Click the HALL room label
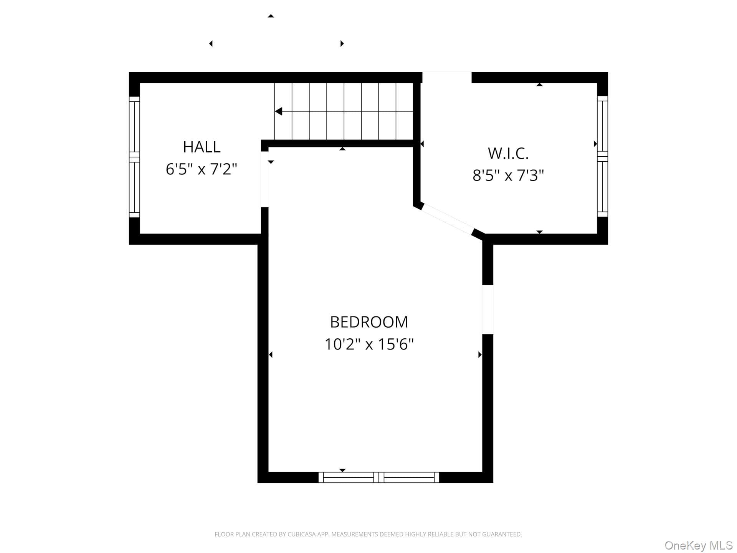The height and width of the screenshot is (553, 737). [x=202, y=147]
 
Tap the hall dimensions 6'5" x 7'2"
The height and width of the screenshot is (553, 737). [x=202, y=169]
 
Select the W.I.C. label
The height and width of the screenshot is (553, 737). [x=508, y=154]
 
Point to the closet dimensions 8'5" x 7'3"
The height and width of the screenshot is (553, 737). [x=508, y=176]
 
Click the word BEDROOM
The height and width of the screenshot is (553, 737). [x=369, y=322]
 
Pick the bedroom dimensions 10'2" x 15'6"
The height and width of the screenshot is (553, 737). [x=369, y=344]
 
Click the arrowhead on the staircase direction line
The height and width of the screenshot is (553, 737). [x=279, y=111]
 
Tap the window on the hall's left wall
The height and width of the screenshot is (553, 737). [x=134, y=157]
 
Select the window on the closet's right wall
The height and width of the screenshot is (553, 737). [x=602, y=156]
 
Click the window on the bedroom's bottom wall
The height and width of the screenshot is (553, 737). [x=379, y=477]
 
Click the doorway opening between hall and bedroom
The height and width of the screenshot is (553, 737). [x=264, y=179]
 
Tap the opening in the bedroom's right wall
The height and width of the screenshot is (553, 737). [x=487, y=310]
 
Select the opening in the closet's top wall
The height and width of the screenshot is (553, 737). [x=447, y=77]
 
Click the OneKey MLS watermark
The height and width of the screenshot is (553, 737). [x=699, y=545]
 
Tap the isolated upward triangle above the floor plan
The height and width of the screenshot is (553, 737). [x=271, y=16]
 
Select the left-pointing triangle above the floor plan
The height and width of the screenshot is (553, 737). [x=211, y=43]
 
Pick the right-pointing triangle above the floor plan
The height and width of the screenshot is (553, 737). [x=342, y=43]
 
